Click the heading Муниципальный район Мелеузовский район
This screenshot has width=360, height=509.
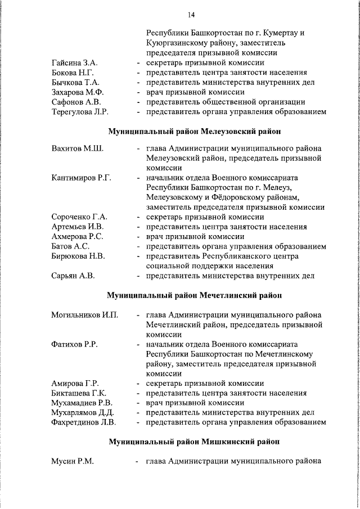195,132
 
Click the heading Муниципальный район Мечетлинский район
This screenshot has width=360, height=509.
195,295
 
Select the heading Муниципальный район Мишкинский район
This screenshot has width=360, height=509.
195,442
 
